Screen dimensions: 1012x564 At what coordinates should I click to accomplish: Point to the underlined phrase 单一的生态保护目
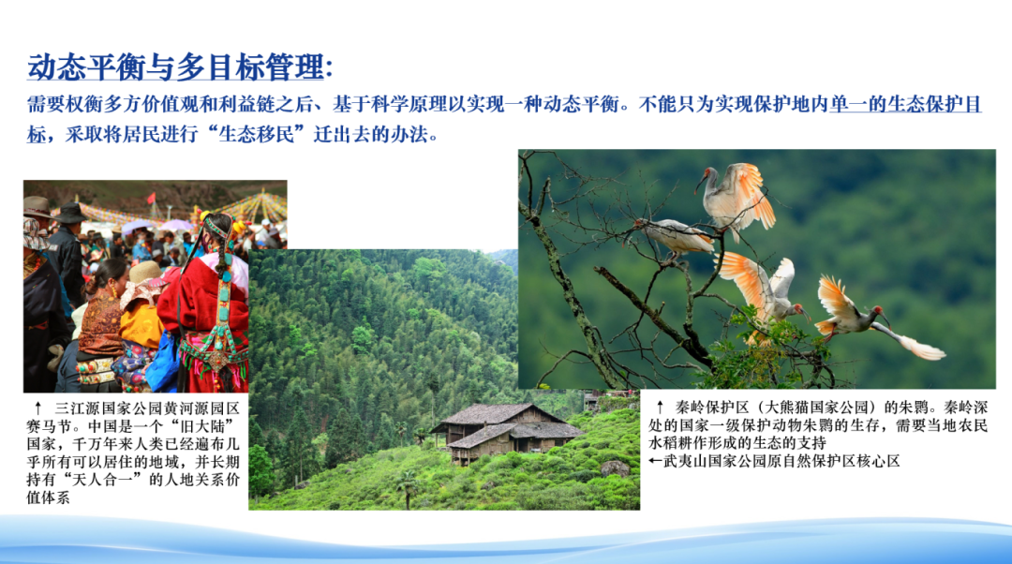pos(905,104)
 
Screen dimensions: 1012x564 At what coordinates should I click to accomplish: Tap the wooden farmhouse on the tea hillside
pos(507,431)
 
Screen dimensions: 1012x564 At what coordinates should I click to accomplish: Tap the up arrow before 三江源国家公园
pos(38,408)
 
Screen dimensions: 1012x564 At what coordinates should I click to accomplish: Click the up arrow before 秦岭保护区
pos(660,408)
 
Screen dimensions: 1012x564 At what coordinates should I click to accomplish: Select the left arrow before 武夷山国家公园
pos(655,461)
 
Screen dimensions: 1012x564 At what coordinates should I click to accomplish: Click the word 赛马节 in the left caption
pos(48,426)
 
